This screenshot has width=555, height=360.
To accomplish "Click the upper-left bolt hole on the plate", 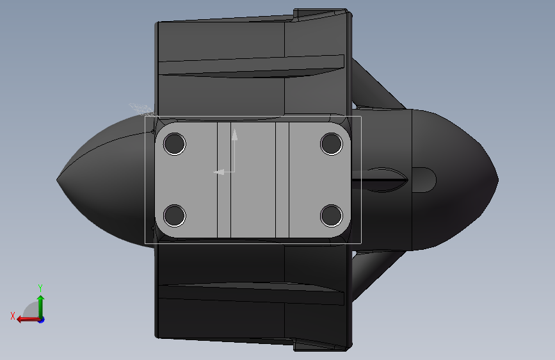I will [x=175, y=144].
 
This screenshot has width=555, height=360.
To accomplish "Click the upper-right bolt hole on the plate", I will [x=332, y=143].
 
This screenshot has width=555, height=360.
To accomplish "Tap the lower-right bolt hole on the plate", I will [x=332, y=215].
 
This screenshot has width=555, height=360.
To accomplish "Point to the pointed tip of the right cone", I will [x=497, y=179].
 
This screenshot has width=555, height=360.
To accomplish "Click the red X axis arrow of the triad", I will [x=24, y=318].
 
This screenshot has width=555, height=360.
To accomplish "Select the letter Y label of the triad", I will [x=40, y=288].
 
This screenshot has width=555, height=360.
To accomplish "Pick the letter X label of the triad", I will [x=13, y=316].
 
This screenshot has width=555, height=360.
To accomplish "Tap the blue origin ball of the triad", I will [x=41, y=319].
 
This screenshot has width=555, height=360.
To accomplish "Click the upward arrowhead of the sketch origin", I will [x=235, y=134].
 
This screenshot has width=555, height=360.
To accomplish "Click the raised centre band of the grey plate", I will [x=253, y=179].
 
